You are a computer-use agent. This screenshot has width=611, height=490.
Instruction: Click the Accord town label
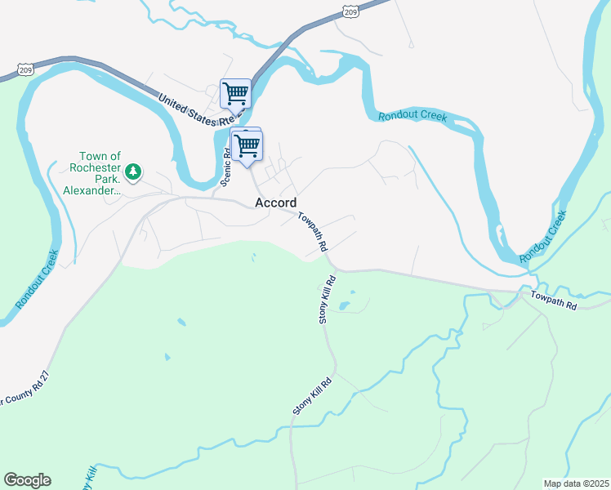pos(275,203)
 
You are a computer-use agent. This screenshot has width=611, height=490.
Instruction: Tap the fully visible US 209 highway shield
pos(350,11)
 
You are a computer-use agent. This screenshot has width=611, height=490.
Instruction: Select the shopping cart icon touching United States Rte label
pos(235,93)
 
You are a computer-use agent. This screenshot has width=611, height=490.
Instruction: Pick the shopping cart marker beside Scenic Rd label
pos(246,145)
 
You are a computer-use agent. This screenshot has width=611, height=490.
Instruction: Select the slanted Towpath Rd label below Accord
pos(312,231)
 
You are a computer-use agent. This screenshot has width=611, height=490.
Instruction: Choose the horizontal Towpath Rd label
pos(554,300)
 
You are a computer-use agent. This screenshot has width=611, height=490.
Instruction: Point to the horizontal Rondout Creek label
pos(413,116)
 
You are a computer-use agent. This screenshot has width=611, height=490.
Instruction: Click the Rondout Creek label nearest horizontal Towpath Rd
pos(542,238)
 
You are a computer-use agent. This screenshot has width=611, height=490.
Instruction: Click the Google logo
pos(27,480)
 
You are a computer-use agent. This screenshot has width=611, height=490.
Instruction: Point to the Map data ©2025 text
pos(576,483)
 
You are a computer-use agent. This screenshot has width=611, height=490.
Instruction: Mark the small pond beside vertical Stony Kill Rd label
pos(345,307)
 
